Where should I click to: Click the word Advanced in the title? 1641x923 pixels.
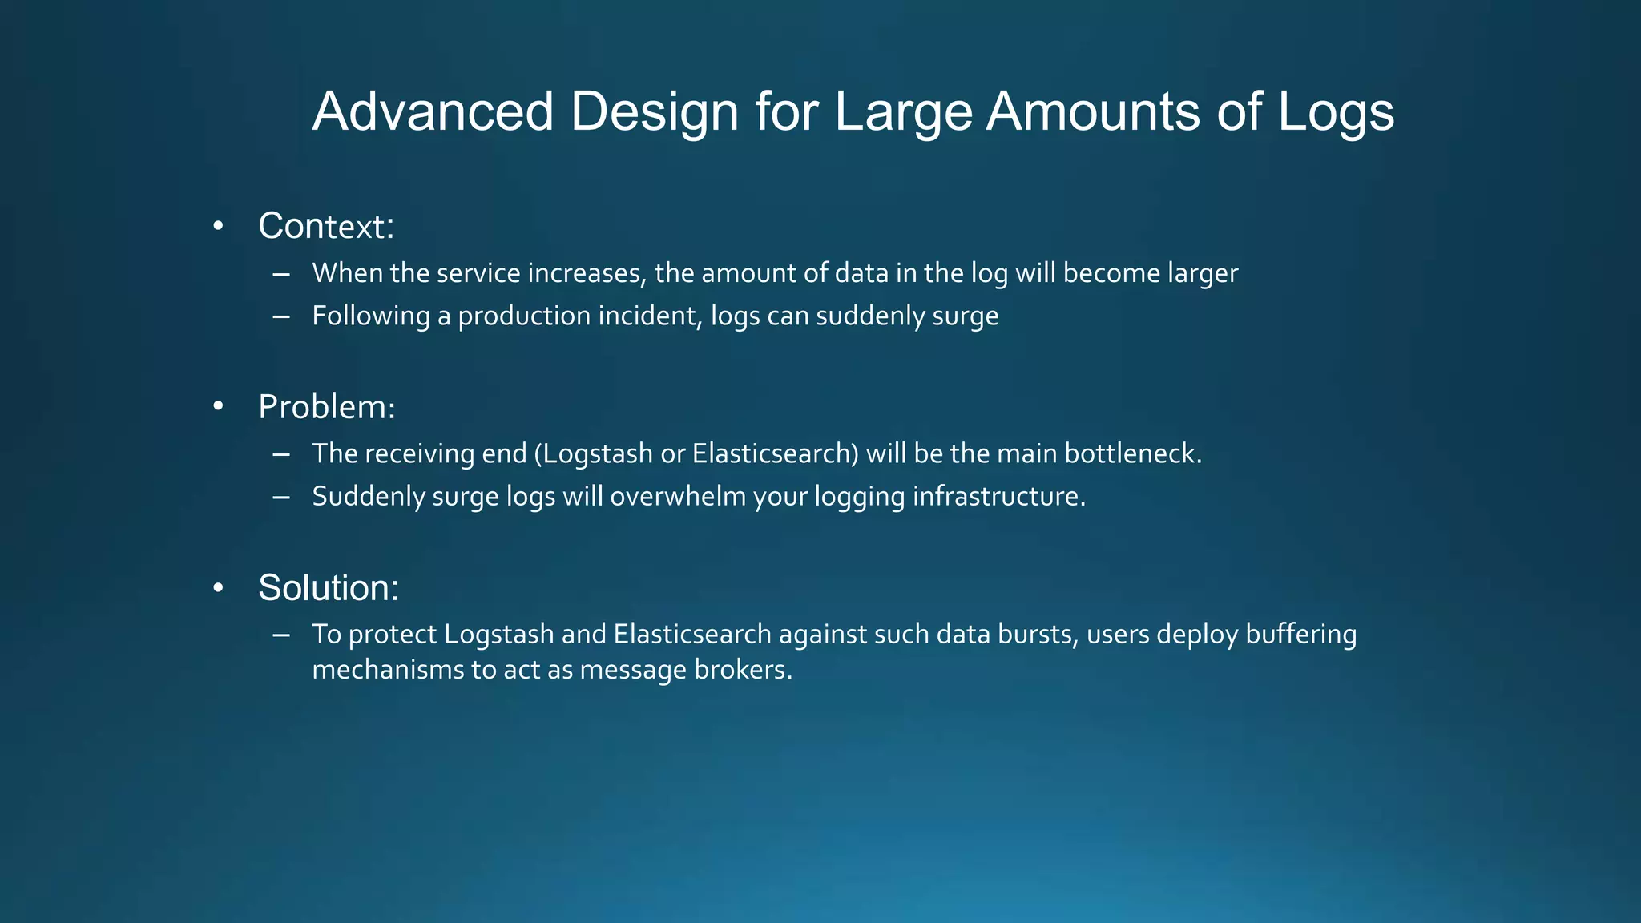point(433,111)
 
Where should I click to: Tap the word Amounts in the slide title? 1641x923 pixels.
point(1094,111)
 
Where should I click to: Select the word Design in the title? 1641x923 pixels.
point(654,113)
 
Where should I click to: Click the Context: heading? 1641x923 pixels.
point(326,226)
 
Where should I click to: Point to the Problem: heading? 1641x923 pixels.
point(327,407)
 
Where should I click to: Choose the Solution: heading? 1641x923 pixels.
point(329,588)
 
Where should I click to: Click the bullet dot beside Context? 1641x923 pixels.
point(218,227)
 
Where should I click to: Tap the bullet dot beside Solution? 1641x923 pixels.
point(218,589)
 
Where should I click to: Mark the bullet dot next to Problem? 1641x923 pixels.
point(218,408)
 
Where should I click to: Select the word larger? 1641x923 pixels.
point(1202,274)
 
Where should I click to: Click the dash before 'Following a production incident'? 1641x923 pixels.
point(280,316)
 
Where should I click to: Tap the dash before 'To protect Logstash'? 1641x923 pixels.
point(280,635)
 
